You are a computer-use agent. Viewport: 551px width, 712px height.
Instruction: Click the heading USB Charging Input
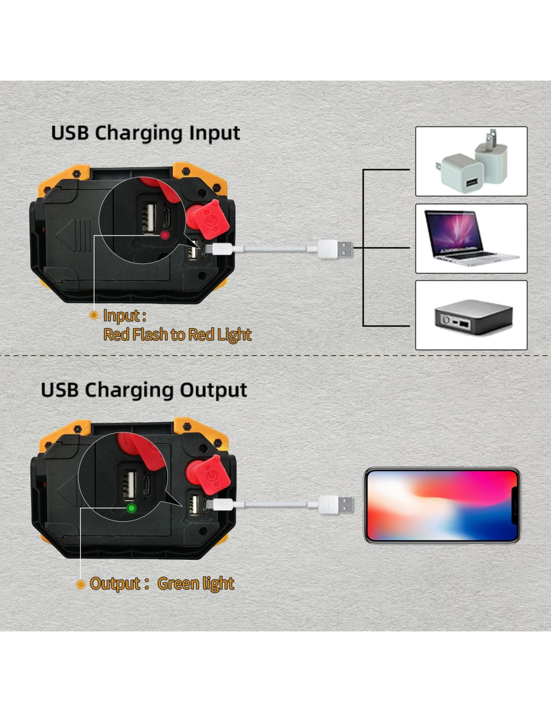(x=146, y=134)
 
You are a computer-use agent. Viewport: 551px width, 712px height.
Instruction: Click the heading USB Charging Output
(x=144, y=390)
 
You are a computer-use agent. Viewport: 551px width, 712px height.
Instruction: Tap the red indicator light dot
(x=165, y=235)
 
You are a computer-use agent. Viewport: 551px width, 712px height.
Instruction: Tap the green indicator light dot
(x=131, y=508)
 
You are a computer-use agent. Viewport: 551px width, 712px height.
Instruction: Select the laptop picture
(x=471, y=238)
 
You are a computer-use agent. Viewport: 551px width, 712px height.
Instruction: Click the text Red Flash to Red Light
(x=177, y=335)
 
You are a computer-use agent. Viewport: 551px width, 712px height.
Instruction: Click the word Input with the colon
(x=125, y=316)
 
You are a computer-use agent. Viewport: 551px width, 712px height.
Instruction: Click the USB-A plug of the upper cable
(x=336, y=249)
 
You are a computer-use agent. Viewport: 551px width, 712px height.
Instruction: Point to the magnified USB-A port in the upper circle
(x=149, y=218)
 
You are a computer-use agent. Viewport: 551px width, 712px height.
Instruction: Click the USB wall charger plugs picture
(x=471, y=161)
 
